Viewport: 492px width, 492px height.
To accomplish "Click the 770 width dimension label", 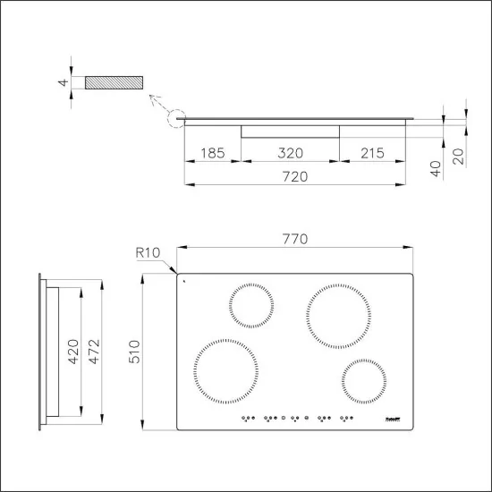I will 295,239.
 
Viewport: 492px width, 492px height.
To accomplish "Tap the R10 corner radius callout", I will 148,253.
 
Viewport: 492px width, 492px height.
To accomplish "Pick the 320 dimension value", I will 290,154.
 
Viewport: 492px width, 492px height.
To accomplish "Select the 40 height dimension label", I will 436,168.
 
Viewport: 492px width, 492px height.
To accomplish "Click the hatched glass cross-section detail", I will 114,82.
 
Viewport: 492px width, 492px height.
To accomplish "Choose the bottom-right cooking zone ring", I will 365,383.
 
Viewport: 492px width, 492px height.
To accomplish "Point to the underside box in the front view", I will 290,131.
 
